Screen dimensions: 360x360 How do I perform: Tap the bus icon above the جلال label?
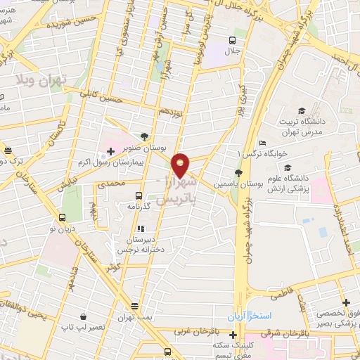pyautogui.click(x=233, y=41)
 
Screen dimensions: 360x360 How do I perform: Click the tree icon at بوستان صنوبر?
pyautogui.click(x=145, y=137)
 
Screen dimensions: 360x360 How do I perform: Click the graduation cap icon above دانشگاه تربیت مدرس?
pyautogui.click(x=302, y=110)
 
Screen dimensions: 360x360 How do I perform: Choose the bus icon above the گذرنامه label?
pyautogui.click(x=139, y=196)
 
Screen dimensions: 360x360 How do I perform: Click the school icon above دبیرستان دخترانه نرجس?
pyautogui.click(x=141, y=229)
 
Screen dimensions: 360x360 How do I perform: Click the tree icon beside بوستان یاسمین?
pyautogui.click(x=238, y=172)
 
